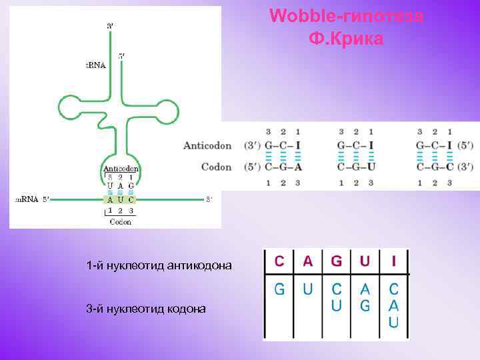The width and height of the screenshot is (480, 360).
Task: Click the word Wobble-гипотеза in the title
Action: tap(346, 16)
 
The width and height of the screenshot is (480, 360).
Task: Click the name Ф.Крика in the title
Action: tap(346, 39)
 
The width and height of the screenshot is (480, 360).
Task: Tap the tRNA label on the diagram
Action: tap(95, 65)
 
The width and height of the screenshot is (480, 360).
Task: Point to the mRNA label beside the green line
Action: tap(27, 199)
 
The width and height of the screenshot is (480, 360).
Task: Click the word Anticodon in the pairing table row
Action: tap(207, 145)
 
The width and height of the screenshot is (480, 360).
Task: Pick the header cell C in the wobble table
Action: tap(280, 261)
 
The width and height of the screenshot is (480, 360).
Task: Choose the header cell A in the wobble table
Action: tap(307, 261)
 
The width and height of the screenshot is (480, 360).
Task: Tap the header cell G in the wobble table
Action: tap(336, 261)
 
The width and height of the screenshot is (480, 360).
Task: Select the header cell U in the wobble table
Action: tap(365, 261)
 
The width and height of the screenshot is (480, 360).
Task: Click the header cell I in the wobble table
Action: tap(393, 261)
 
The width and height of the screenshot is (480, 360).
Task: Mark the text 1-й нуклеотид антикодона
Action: tap(159, 266)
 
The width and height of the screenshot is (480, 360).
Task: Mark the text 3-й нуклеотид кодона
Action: tap(146, 309)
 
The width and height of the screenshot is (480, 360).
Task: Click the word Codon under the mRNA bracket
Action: tap(121, 222)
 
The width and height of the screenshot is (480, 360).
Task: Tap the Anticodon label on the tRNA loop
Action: tap(121, 169)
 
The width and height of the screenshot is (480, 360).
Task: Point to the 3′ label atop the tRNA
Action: tap(110, 25)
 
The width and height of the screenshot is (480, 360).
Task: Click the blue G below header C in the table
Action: tap(280, 289)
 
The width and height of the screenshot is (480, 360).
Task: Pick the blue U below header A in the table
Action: tap(307, 289)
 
